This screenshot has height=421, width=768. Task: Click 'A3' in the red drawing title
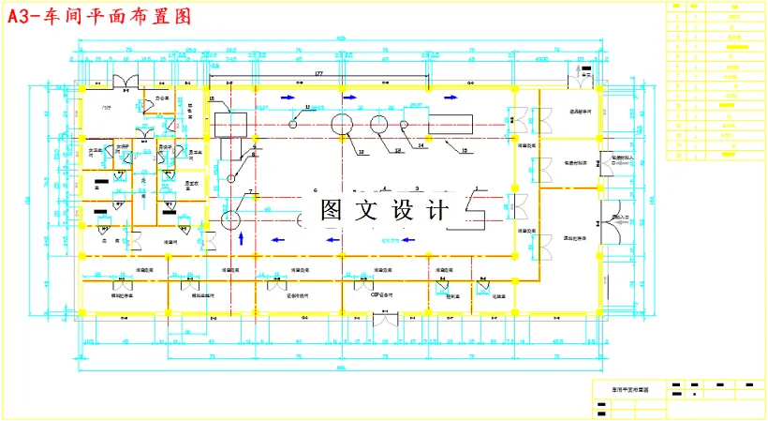click(x=21, y=17)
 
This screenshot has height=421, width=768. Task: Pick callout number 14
click(x=421, y=146)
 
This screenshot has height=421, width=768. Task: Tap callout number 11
click(x=293, y=109)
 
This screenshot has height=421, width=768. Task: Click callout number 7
click(x=250, y=192)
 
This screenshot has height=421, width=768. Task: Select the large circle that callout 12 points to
click(x=341, y=124)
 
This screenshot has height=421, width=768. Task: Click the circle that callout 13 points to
click(x=379, y=124)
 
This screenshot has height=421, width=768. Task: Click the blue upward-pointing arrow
click(x=243, y=238)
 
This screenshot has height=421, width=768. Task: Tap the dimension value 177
click(x=318, y=73)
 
